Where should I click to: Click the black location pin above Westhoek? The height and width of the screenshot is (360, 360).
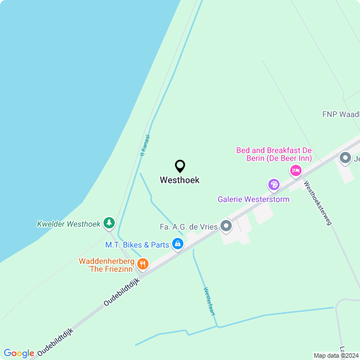pos(180,166)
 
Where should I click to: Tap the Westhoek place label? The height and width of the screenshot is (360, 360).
pos(179,181)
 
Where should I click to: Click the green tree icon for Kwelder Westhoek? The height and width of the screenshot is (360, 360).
pos(109,223)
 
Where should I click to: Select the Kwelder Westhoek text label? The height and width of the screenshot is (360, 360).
pos(69,224)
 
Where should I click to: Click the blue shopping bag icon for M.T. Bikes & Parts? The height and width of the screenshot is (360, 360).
pos(178,244)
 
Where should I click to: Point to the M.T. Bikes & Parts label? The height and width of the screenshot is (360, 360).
pos(137,245)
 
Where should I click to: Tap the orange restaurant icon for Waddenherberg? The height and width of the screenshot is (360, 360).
pos(143,263)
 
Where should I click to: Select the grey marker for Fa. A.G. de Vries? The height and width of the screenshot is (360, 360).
pos(226,226)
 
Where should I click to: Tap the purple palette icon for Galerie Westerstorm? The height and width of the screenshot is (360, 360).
pos(274,184)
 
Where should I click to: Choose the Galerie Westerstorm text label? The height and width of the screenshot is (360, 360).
pos(254,199)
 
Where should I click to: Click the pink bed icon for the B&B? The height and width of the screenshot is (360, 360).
pos(295,170)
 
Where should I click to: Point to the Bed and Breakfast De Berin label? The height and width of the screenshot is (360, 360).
pos(274,154)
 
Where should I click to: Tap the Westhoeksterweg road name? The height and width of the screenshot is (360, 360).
pos(318,203)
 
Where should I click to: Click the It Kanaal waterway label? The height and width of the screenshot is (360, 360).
pos(144,145)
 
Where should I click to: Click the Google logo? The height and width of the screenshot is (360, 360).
pos(19,353)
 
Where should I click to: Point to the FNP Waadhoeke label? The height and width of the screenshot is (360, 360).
pos(341,114)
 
